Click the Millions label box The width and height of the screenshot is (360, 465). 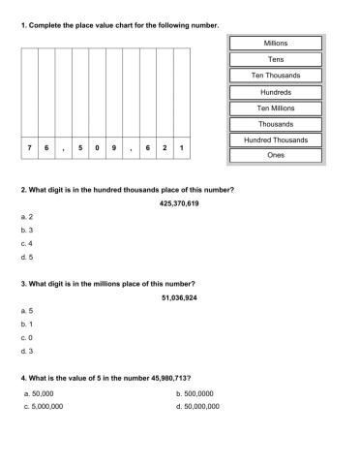point(275,44)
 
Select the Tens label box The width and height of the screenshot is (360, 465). point(275,59)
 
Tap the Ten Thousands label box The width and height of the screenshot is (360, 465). point(275,76)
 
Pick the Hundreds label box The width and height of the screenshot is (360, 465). point(275,92)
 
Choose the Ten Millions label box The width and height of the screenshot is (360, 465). point(275,108)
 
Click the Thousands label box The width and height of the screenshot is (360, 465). point(275,124)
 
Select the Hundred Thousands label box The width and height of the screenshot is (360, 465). point(275,140)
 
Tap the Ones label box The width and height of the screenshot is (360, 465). point(275,155)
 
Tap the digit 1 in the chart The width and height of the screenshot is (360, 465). point(182,147)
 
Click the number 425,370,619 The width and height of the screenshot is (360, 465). point(179,203)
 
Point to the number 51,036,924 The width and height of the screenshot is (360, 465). point(179,297)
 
